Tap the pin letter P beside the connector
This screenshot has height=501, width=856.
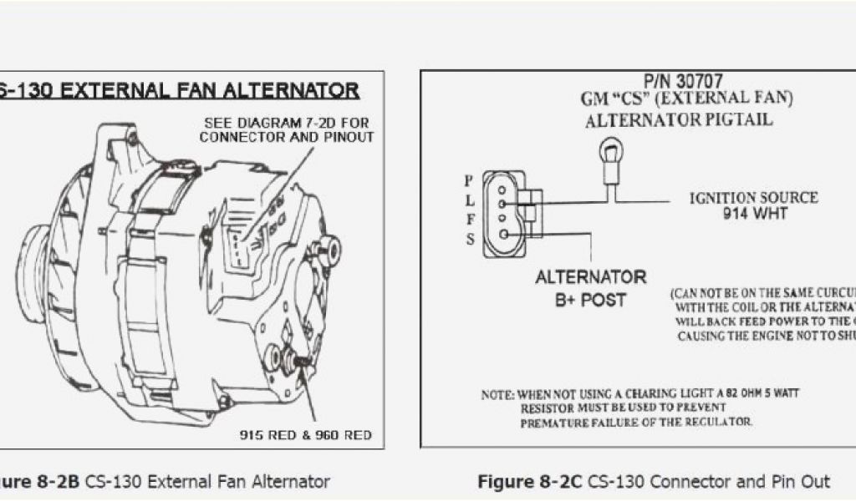tap(469, 180)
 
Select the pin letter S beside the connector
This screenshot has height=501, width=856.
tap(471, 240)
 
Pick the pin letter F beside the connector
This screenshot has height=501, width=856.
tap(470, 220)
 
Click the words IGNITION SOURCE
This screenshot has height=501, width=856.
tap(753, 198)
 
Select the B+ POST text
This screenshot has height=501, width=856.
tap(590, 300)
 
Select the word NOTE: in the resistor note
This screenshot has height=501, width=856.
tap(497, 394)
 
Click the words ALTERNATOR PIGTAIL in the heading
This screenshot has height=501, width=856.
tap(679, 119)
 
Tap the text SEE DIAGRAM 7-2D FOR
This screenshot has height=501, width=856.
tap(286, 123)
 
